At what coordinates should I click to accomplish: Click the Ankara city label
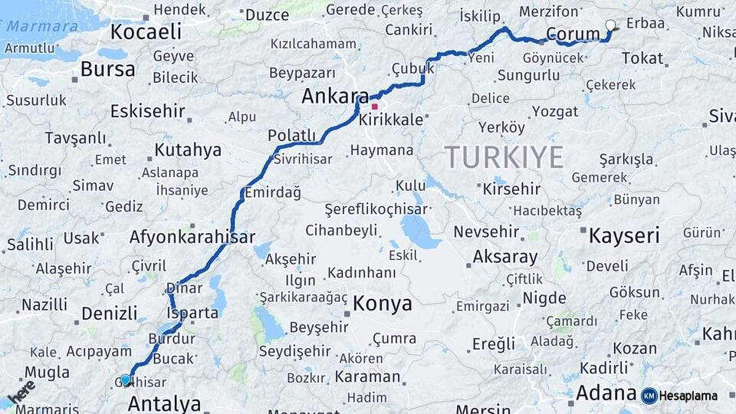(x=334, y=96)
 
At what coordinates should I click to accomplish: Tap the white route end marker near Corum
(x=610, y=25)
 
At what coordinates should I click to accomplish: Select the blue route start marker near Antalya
(x=126, y=379)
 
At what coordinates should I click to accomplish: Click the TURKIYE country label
(x=504, y=157)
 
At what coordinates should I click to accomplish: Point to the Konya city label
(x=382, y=304)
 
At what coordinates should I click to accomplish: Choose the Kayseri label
(x=623, y=235)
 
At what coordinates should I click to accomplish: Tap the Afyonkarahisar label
(x=192, y=237)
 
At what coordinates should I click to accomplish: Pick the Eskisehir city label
(x=147, y=111)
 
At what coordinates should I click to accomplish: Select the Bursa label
(x=107, y=69)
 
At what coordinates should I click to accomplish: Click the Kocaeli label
(x=146, y=31)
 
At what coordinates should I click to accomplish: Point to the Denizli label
(x=109, y=313)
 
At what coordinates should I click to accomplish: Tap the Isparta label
(x=192, y=313)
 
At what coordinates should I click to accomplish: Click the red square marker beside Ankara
(x=374, y=107)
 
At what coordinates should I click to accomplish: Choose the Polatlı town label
(x=291, y=136)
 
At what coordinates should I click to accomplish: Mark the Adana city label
(x=606, y=393)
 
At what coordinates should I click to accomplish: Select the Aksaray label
(x=505, y=257)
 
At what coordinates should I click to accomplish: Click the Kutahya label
(x=187, y=149)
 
